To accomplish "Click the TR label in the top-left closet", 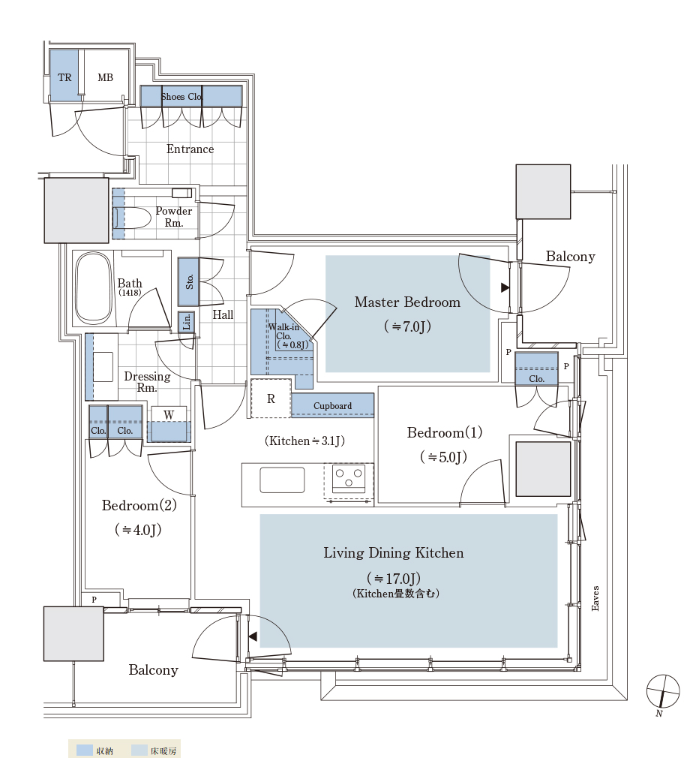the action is (64, 77).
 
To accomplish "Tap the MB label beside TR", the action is (105, 77).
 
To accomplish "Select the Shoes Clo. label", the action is (181, 97).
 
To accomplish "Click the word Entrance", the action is (190, 149).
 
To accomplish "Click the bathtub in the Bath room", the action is (94, 288).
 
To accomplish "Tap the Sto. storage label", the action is (190, 281).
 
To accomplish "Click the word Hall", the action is (223, 314).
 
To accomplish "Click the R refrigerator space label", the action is (271, 399).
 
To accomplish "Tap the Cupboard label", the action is (332, 405).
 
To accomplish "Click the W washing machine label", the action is (169, 415).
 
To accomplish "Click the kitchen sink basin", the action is (282, 480).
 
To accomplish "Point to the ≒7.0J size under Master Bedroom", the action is (407, 326).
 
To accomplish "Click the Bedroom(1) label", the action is (445, 432).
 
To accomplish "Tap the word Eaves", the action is (595, 598).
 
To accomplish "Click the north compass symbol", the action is (663, 691).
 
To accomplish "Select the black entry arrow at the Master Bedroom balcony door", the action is (505, 287).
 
